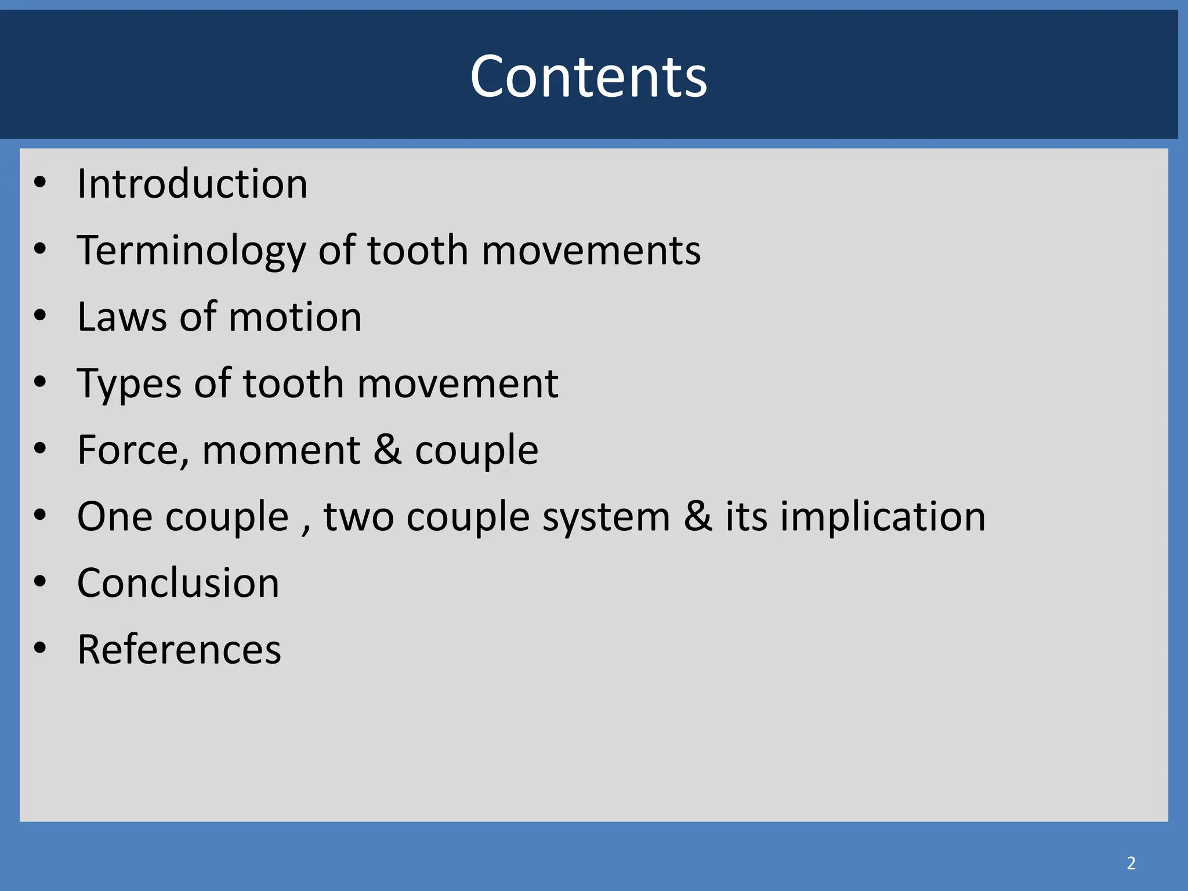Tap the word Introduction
192,184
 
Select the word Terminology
191,251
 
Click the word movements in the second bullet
591,251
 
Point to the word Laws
122,317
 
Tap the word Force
133,451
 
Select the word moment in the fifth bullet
281,451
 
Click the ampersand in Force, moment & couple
387,450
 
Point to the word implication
882,517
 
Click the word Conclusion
178,583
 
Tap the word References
179,650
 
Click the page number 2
1131,863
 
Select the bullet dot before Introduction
39,183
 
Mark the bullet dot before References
39,647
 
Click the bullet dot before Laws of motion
39,316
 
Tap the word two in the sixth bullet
358,517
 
